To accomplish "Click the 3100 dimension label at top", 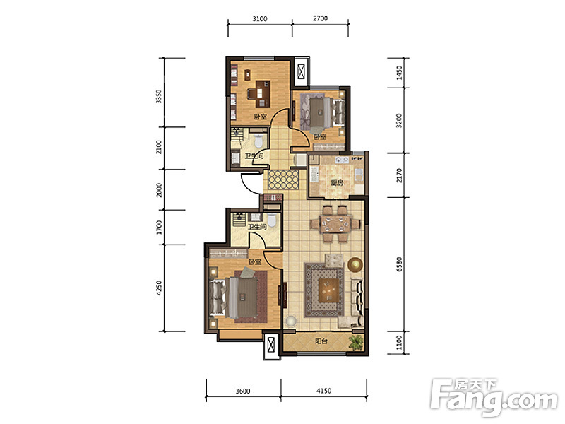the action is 259,18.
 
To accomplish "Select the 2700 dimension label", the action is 320,18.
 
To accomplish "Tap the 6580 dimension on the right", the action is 399,264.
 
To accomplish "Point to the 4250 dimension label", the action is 159,288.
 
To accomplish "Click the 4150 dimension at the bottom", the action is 323,391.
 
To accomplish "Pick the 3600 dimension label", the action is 242,391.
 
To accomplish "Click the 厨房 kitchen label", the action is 337,183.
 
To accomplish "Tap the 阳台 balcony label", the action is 321,341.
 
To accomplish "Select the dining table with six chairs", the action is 335,223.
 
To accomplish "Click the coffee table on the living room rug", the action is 329,290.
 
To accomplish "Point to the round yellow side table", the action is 355,264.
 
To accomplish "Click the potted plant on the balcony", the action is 357,342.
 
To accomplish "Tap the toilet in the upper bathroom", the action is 258,141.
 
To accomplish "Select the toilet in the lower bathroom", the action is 272,220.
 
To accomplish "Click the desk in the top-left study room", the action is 262,94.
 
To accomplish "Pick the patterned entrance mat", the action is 284,179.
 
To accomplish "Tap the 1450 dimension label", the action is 399,73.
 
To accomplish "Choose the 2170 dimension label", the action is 399,175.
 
